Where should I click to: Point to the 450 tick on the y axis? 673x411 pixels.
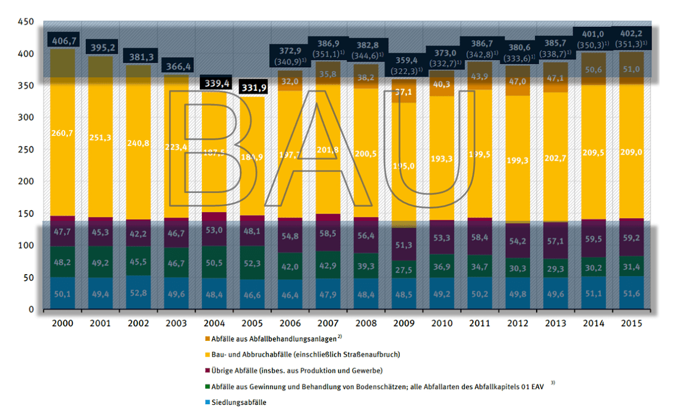point(26,22)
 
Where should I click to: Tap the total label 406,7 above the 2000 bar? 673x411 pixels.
point(64,40)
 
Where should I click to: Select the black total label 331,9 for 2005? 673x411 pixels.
point(254,88)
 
